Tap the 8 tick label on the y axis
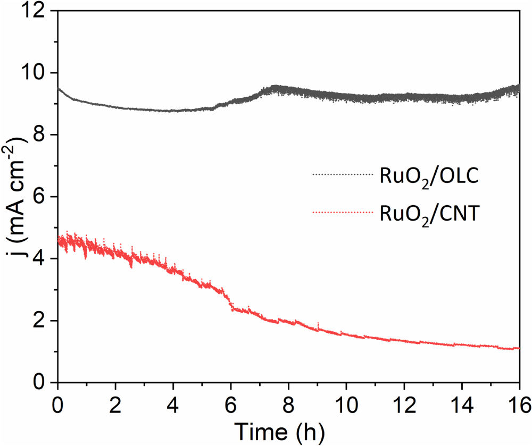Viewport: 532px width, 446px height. [43, 134]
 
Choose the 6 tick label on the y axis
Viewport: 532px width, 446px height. [43, 197]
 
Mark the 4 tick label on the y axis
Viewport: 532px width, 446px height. [43, 259]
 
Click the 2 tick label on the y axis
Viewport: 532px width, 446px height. [43, 321]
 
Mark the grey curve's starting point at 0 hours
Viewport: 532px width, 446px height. [59, 88]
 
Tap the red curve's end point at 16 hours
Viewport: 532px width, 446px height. [518, 348]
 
